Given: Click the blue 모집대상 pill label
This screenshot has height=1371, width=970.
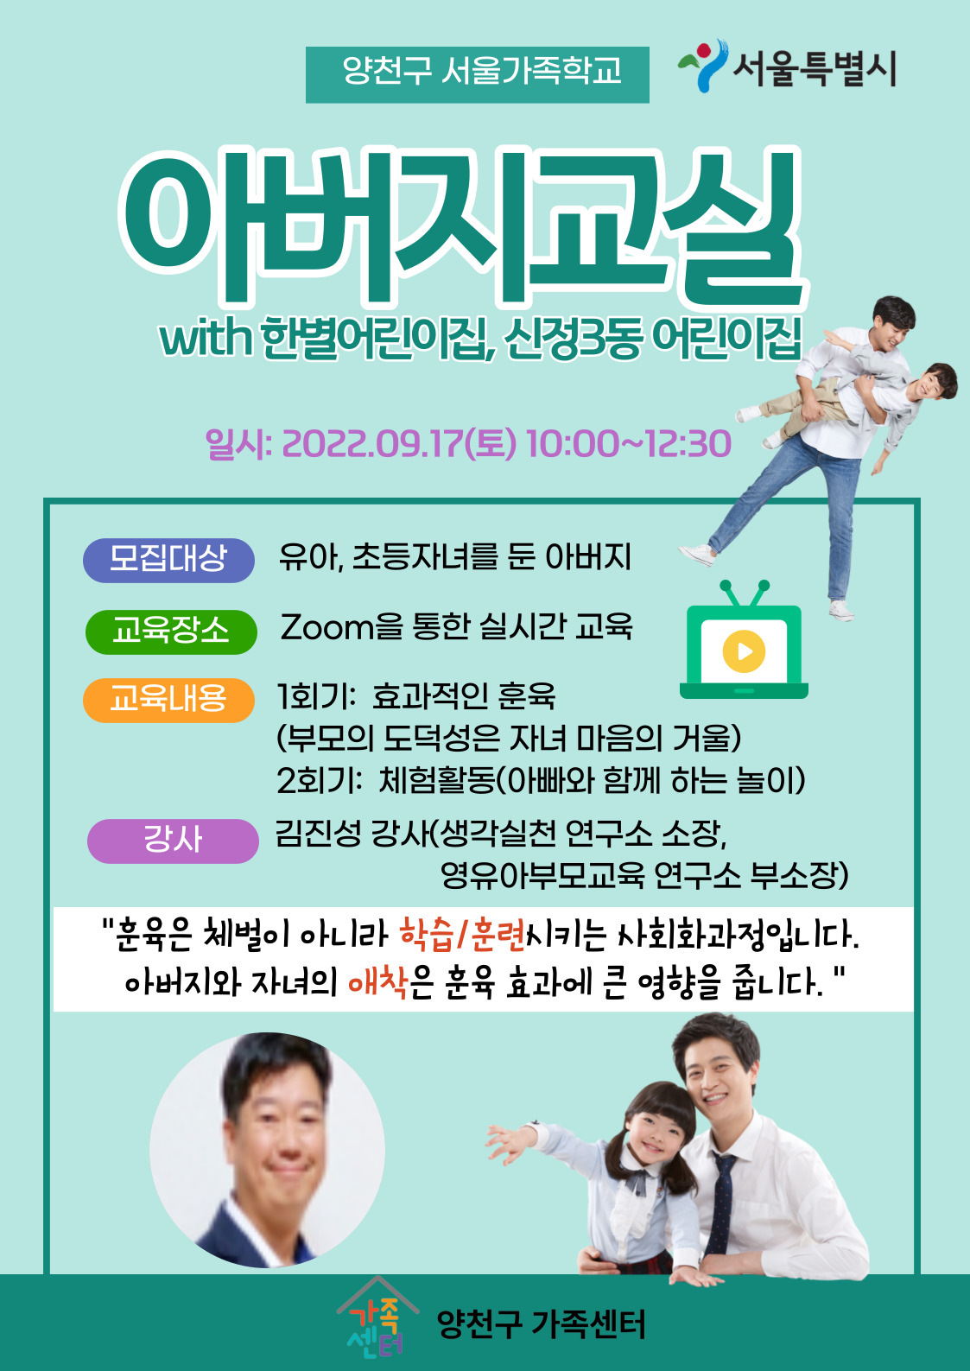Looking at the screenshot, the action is click(x=168, y=560).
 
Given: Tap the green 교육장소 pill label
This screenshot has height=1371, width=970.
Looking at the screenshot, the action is click(x=171, y=632).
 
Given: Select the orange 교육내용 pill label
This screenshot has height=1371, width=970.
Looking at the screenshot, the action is click(x=168, y=701).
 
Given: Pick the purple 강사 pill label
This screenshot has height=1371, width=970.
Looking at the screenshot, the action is click(x=174, y=841).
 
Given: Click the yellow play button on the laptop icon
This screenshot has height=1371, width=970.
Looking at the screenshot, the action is click(x=744, y=651).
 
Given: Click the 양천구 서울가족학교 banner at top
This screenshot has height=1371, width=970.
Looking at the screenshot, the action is click(x=478, y=74).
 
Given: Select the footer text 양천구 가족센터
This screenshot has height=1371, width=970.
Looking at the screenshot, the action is click(x=541, y=1324).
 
